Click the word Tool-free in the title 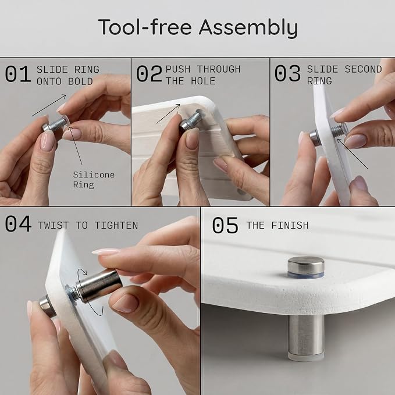(x=145, y=27)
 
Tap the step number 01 (x=17, y=73)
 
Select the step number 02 (x=149, y=73)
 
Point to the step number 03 (x=287, y=73)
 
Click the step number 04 (x=18, y=223)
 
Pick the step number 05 (x=225, y=225)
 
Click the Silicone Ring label (x=94, y=180)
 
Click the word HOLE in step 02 (x=203, y=81)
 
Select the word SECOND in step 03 (x=363, y=69)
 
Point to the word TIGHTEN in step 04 (x=116, y=225)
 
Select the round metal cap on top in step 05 (x=306, y=267)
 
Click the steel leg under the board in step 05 (x=306, y=337)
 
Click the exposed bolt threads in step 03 (x=337, y=131)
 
